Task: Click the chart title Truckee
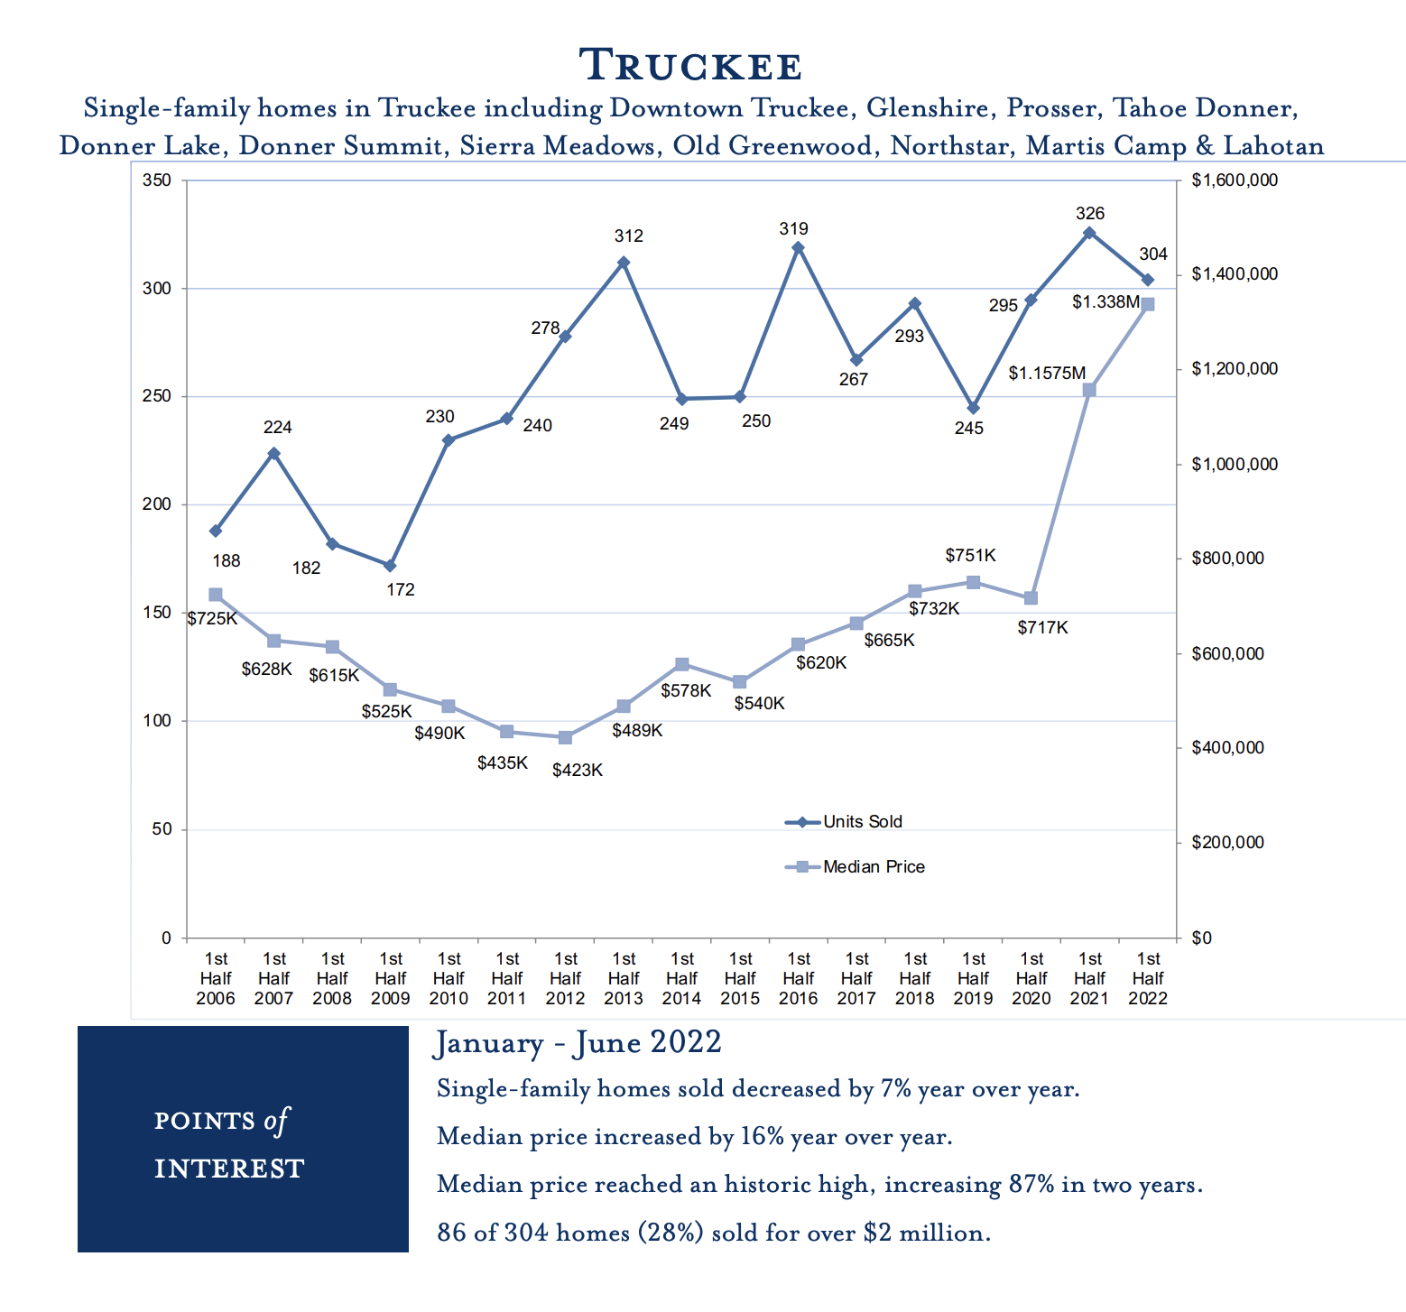click(690, 66)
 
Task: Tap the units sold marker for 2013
click(624, 263)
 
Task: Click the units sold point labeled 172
click(390, 566)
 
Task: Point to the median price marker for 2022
click(1148, 305)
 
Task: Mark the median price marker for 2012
click(565, 737)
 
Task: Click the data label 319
click(794, 229)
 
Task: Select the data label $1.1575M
click(1047, 373)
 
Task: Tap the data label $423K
click(578, 771)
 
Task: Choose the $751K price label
click(970, 556)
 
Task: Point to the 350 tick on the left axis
click(157, 180)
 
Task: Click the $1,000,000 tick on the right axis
click(1235, 465)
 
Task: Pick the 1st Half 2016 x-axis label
click(799, 978)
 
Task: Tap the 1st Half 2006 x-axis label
click(216, 978)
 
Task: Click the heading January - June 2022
click(578, 1043)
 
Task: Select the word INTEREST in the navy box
click(229, 1169)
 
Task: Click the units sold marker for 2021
click(1089, 233)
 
